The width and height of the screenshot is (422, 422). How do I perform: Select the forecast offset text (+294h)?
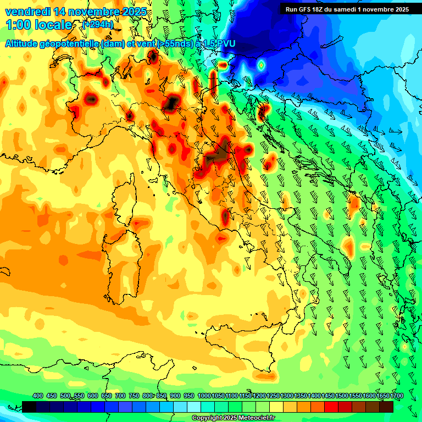coord(97,25)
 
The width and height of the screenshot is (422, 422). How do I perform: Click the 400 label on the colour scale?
coord(38,396)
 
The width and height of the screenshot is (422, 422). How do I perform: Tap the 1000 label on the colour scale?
coord(204,396)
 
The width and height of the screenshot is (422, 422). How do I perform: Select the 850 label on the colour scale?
coord(162,396)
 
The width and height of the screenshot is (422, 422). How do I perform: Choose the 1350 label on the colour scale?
coord(301,396)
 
